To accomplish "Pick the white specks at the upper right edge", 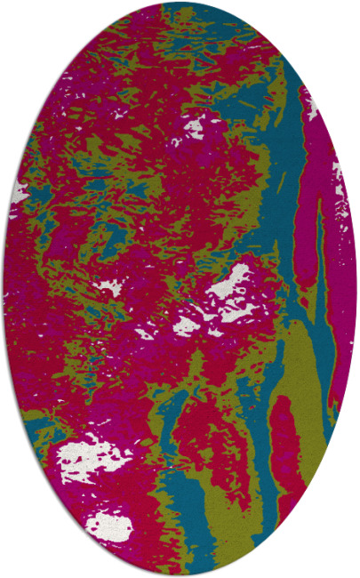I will pyautogui.click(x=311, y=107).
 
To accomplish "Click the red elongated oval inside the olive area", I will pyautogui.click(x=286, y=436).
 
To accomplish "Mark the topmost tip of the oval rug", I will pyautogui.click(x=180, y=3).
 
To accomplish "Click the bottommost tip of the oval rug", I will pyautogui.click(x=180, y=574).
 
